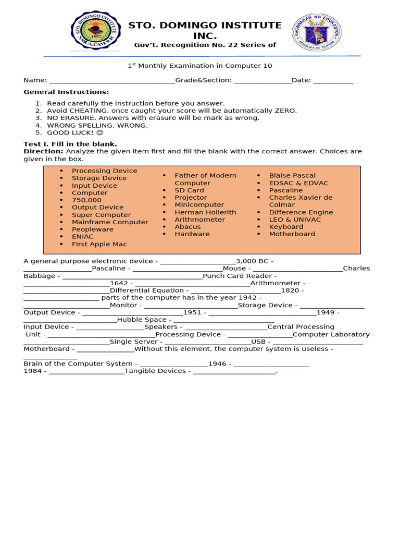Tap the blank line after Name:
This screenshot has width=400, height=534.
pyautogui.click(x=111, y=81)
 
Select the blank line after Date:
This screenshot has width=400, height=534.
pyautogui.click(x=333, y=81)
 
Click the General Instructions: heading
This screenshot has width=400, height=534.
pyautogui.click(x=66, y=92)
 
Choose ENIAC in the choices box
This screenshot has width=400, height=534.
pyautogui.click(x=82, y=237)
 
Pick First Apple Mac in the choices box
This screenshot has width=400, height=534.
pyautogui.click(x=99, y=244)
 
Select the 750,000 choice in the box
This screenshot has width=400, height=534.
pyautogui.click(x=86, y=200)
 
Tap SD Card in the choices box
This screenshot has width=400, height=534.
pyautogui.click(x=189, y=190)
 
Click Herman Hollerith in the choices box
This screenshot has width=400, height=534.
pyautogui.click(x=205, y=212)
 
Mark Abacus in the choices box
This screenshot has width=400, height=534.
pyautogui.click(x=187, y=227)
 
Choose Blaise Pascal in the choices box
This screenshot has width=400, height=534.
pyautogui.click(x=292, y=176)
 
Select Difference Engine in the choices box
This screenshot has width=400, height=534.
pyautogui.click(x=301, y=212)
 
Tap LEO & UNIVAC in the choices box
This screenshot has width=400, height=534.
pyautogui.click(x=295, y=220)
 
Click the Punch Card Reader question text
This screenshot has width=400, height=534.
pyautogui.click(x=237, y=276)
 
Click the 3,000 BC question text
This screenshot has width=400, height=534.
pyautogui.click(x=252, y=261)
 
